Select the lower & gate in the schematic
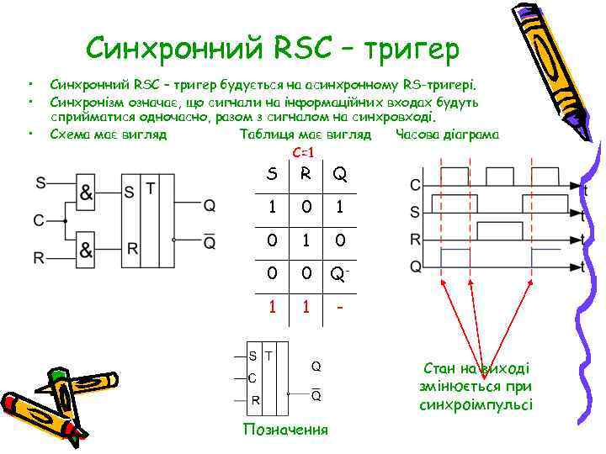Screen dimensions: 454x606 coord(87,250)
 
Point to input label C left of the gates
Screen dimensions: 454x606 coord(39,220)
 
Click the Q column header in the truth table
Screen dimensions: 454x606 coord(339,175)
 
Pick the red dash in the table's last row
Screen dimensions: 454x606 coord(339,307)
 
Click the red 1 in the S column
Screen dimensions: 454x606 coord(271,307)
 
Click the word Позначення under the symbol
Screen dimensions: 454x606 coord(284,430)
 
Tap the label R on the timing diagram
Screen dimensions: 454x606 coord(415,240)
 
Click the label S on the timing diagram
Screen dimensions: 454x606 coord(415,212)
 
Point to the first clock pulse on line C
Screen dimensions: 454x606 coord(455,177)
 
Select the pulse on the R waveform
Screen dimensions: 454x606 coord(499,230)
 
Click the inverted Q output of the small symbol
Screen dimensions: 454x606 coord(316,395)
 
